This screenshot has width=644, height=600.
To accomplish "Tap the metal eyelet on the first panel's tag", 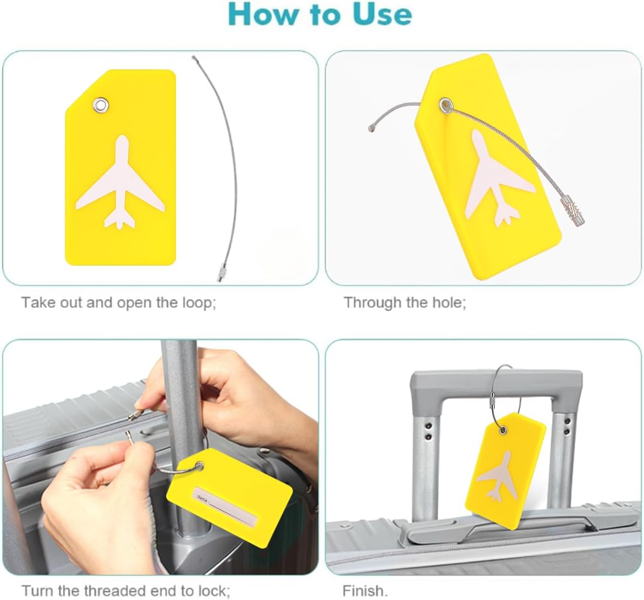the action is click(x=101, y=106).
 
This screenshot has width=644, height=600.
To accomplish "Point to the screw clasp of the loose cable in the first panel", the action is click(x=220, y=272).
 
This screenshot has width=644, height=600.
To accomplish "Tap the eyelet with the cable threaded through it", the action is click(x=445, y=105).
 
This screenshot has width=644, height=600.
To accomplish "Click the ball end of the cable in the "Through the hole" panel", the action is click(x=372, y=129).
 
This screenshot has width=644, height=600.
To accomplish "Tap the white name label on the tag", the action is click(x=225, y=506).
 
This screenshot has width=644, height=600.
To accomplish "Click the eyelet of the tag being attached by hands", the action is click(x=200, y=466).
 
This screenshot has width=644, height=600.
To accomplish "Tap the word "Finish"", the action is click(x=365, y=591).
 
